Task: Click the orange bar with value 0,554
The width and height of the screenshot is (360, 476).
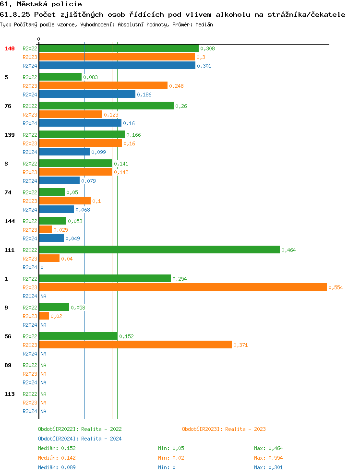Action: pos(182,287)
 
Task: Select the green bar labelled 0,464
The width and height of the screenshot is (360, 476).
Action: pos(159,250)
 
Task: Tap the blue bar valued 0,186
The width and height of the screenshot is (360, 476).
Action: pos(87,95)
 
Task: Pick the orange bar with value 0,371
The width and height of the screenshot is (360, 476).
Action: pos(135,345)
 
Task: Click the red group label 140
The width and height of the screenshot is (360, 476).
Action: pos(10,48)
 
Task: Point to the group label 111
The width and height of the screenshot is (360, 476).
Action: pos(10,250)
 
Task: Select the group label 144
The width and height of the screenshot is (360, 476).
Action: pos(10,221)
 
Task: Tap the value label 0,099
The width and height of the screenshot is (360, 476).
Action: pos(98,152)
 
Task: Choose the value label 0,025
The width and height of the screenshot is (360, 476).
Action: pos(60,230)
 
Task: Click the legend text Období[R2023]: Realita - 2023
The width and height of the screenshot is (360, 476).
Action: pos(224,429)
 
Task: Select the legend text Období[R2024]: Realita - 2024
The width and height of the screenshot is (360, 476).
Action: pos(80,439)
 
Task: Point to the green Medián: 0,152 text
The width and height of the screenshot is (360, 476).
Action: pos(57,448)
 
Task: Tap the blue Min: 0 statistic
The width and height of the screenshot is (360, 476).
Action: pos(167,467)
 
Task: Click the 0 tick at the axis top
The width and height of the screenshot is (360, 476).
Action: pos(39,39)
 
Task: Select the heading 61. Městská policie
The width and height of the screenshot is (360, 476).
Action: pos(41,4)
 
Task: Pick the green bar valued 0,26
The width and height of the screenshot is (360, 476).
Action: pos(106,106)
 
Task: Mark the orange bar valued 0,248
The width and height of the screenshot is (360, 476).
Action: pos(103,85)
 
